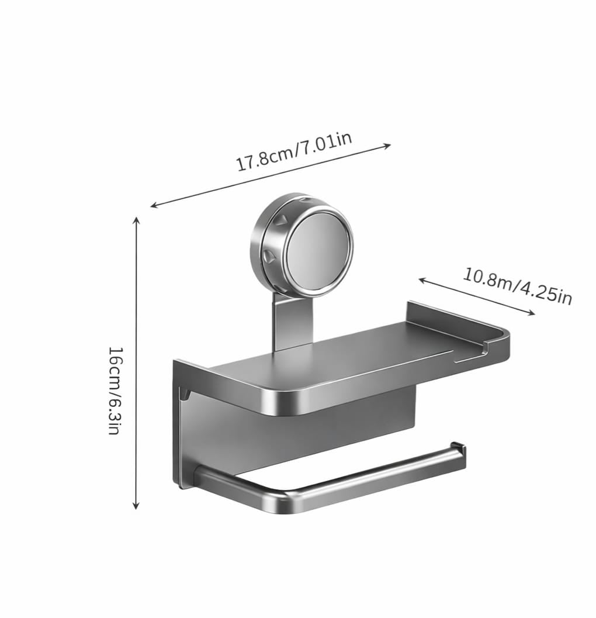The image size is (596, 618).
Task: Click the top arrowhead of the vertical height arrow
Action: [136, 220]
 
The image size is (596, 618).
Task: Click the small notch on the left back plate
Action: [183, 395]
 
